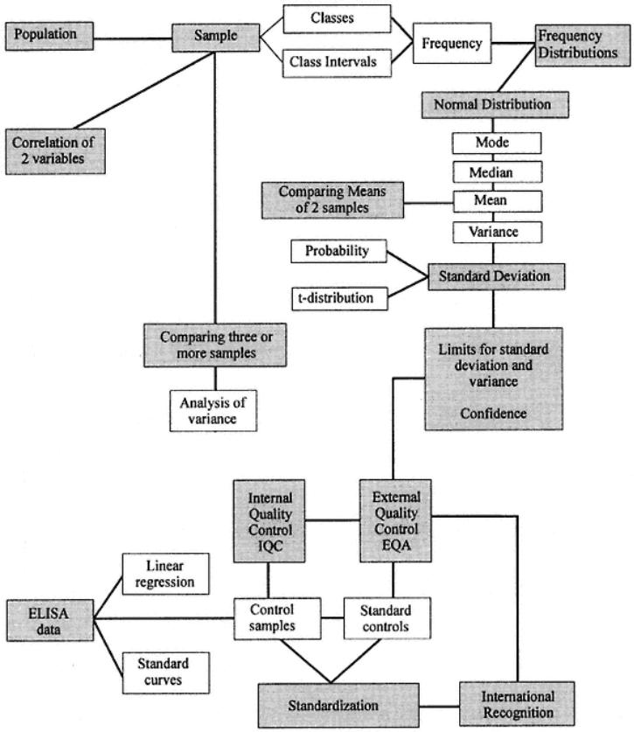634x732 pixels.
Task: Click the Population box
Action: (49, 35)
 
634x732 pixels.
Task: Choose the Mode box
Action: (496, 142)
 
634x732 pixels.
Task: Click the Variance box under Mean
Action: (496, 232)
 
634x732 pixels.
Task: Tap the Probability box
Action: (336, 252)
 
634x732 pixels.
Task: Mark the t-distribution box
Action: (336, 298)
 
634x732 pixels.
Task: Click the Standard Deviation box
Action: (495, 276)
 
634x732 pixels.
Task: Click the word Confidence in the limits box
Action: (494, 413)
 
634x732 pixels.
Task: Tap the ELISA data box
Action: (47, 618)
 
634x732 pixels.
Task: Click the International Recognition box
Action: (518, 705)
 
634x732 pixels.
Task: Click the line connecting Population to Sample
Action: (131, 37)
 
